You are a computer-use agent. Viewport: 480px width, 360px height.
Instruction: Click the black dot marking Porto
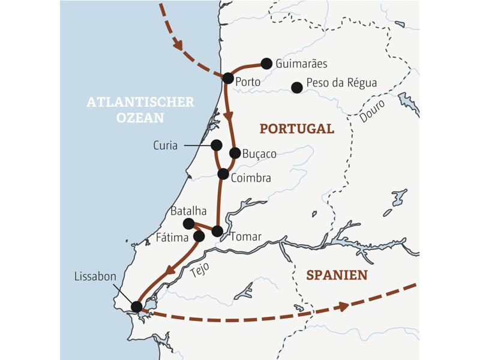point(228,78)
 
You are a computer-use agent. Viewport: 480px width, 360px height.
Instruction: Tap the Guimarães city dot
point(266,64)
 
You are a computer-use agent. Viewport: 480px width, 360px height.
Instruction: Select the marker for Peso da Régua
point(296,88)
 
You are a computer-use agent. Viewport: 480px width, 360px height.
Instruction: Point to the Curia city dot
point(217,145)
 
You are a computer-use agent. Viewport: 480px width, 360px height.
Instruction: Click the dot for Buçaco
point(235,153)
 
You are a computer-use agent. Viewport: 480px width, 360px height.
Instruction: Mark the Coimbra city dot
point(223,174)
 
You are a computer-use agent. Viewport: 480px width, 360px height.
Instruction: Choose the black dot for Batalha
point(188,224)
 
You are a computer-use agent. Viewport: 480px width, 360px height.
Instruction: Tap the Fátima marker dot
point(199,236)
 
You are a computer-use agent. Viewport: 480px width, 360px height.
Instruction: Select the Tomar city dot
point(218,231)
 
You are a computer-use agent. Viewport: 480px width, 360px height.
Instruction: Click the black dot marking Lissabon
point(137,307)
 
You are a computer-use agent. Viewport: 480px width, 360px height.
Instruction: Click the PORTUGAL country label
point(296,129)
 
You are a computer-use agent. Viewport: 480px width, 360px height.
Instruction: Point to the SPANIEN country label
point(337,275)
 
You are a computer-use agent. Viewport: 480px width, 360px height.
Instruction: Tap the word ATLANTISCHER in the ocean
point(140,102)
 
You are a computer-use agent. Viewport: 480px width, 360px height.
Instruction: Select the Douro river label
point(372,112)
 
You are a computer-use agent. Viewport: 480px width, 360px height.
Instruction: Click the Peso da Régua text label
point(341,83)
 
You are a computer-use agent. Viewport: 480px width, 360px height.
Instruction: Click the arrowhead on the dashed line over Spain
point(343,307)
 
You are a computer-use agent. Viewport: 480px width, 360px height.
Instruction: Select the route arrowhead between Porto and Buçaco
point(229,115)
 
